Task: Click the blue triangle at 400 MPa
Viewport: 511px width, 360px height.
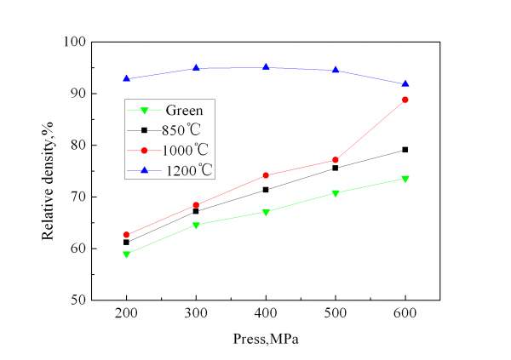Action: pos(266,67)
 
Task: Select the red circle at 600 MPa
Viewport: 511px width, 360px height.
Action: pos(405,100)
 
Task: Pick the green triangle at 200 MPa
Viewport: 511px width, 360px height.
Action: pos(126,254)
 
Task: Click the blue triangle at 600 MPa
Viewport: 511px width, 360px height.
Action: pos(405,83)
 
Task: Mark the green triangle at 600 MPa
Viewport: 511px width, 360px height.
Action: pos(405,179)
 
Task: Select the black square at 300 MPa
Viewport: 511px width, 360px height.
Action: pos(196,211)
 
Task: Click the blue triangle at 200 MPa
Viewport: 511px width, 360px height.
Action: pos(126,78)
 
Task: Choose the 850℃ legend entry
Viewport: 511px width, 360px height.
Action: pos(185,130)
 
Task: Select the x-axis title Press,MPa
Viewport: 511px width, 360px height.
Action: pos(265,337)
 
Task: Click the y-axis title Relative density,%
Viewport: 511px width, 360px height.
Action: pos(49,170)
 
